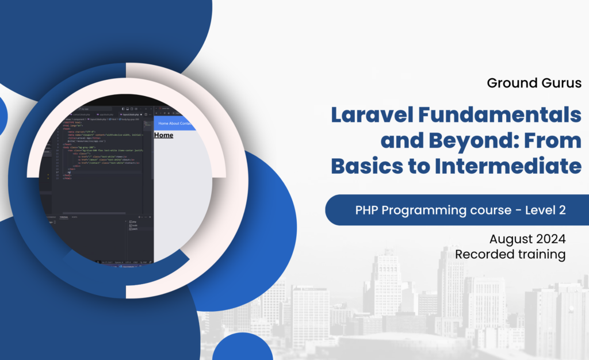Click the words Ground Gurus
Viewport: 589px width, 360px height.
(534, 83)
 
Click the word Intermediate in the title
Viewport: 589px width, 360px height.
(508, 166)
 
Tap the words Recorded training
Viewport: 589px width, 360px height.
(510, 254)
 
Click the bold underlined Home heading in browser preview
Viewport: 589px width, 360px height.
(163, 135)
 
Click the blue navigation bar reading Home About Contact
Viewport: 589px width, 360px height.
(175, 123)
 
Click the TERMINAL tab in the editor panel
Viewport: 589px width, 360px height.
(64, 217)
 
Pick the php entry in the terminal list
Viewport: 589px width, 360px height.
(133, 221)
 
